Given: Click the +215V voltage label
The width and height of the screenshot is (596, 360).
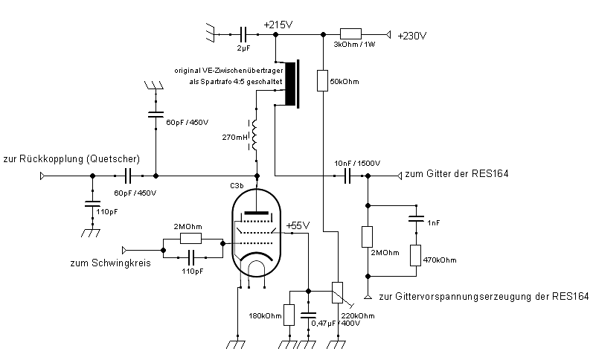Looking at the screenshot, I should (x=278, y=25).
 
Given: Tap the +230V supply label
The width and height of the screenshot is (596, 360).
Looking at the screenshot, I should (x=413, y=35).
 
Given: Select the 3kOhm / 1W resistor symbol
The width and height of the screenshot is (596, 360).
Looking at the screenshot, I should (x=350, y=33).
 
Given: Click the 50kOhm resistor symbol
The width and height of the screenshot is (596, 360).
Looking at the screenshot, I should (x=322, y=80).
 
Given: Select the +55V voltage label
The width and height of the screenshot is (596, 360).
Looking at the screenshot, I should (x=297, y=225).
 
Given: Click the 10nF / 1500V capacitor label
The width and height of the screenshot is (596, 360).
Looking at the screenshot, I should (x=357, y=163).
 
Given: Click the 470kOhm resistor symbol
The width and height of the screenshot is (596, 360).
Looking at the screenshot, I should (x=415, y=255).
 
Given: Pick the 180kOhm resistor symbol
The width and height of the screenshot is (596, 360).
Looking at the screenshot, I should (x=289, y=315).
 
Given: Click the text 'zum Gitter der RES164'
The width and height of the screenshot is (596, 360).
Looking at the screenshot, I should (x=456, y=174).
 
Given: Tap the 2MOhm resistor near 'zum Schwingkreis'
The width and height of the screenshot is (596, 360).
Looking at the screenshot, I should (x=191, y=238).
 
